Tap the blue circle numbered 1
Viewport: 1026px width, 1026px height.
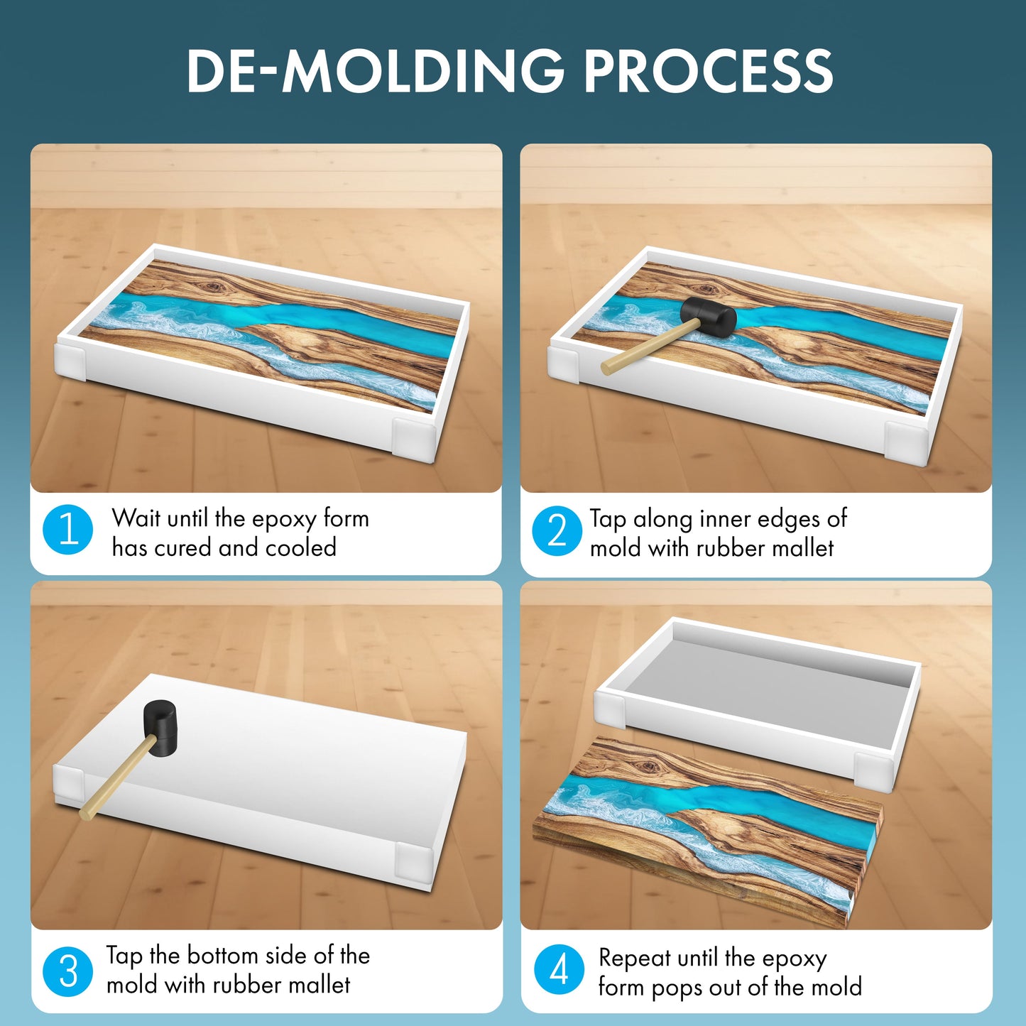68,530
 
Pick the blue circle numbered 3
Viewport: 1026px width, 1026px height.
68,971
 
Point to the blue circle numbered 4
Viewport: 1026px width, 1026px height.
559,970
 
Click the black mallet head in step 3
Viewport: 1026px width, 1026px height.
160,720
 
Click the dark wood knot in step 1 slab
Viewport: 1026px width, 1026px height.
212,288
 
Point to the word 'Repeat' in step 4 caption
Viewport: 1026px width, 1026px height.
635,958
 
